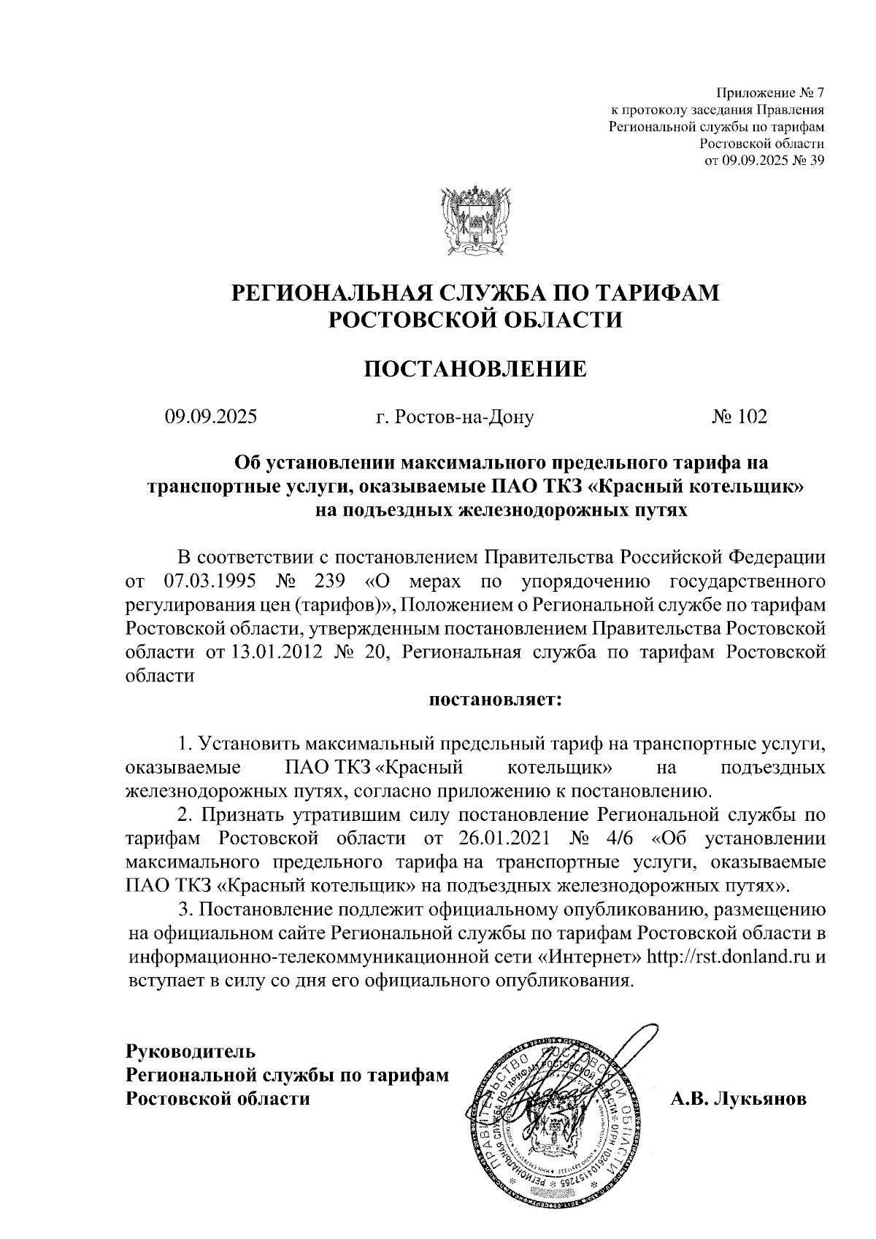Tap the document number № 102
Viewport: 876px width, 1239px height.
click(x=739, y=417)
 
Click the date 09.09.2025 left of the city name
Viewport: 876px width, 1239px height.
click(x=211, y=417)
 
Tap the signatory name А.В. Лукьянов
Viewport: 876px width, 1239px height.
click(x=739, y=1099)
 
